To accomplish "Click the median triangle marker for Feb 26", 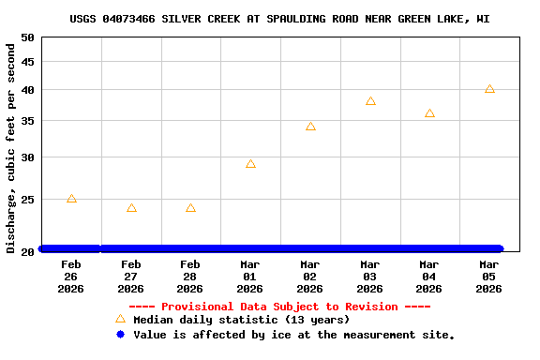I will click(x=71, y=199).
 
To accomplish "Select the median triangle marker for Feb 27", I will click(x=131, y=208).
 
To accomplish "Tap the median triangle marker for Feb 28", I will click(x=190, y=208).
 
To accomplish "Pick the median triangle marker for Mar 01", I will click(x=250, y=164).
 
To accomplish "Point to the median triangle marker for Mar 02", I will click(x=310, y=127).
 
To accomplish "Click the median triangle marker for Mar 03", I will click(x=370, y=101).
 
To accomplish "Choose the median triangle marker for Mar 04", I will click(x=429, y=113).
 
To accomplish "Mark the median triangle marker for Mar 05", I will click(x=489, y=89).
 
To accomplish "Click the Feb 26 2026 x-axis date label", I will click(x=71, y=277).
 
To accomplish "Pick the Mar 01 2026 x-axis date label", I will click(x=250, y=277).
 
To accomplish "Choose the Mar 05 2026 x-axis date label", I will click(x=489, y=277).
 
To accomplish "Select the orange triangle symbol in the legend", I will click(x=120, y=320).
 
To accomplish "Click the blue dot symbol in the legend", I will click(x=120, y=335).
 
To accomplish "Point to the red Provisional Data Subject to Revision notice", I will click(x=279, y=307).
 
